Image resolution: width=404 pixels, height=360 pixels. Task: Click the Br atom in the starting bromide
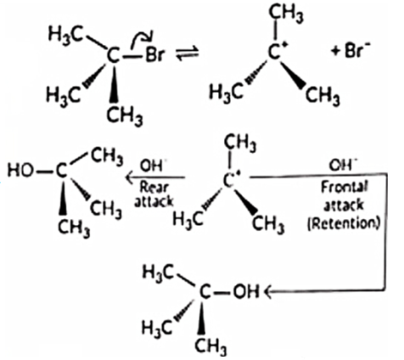(154, 54)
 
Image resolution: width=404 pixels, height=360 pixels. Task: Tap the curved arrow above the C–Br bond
(142, 37)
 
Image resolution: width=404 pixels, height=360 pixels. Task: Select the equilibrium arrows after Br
(188, 53)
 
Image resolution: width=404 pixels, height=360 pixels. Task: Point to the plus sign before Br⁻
(336, 52)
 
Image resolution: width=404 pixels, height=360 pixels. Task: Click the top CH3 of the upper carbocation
(286, 14)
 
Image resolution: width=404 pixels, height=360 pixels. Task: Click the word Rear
(154, 188)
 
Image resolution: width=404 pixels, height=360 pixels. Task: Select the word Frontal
(345, 188)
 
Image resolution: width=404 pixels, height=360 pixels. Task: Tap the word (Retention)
(343, 223)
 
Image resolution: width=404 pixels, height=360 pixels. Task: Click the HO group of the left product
(20, 171)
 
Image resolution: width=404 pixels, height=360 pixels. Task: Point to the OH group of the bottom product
(246, 291)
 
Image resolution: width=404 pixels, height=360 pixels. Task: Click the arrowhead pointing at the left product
(130, 178)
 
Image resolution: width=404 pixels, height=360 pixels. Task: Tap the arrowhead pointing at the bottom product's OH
(267, 292)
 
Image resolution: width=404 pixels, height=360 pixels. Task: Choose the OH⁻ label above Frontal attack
(343, 165)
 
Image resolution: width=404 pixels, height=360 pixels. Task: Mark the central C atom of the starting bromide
(114, 55)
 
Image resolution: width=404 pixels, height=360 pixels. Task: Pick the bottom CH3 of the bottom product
(210, 346)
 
